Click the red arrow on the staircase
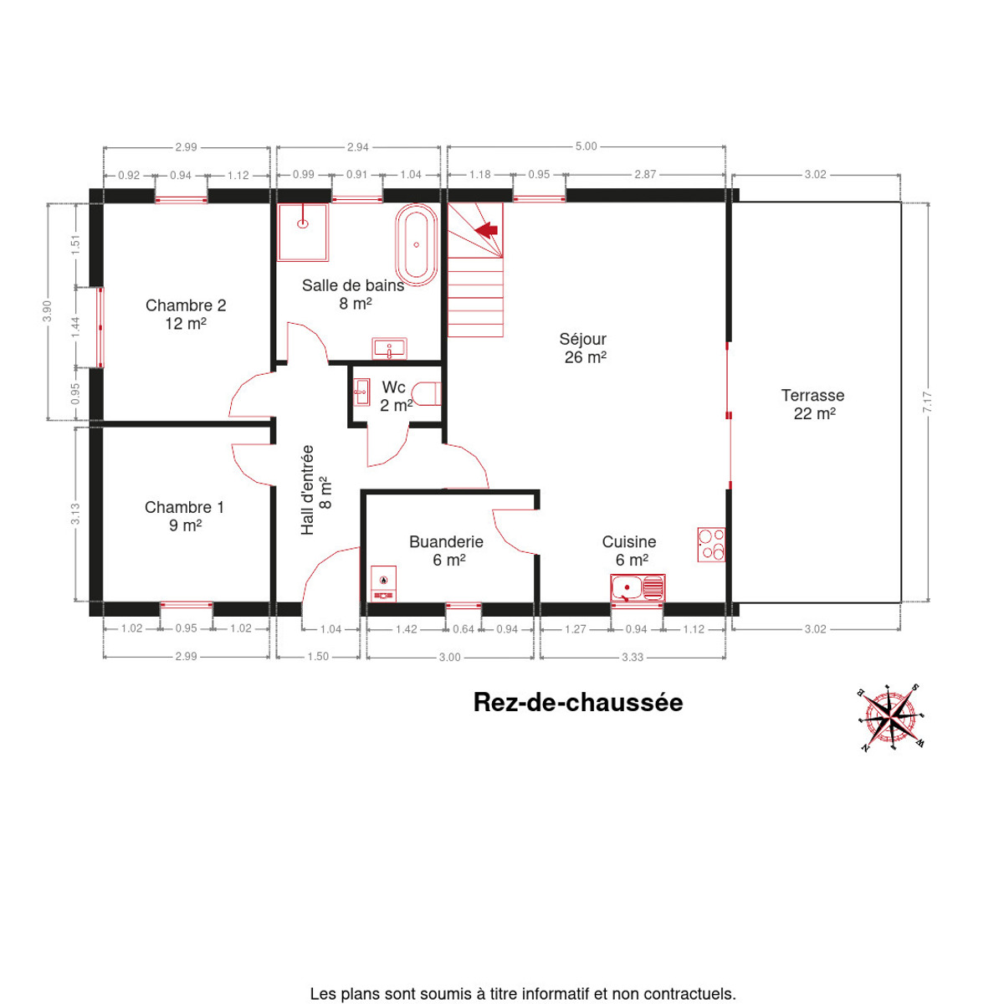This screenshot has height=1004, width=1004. pyautogui.click(x=486, y=230)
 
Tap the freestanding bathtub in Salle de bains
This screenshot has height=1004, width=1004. pyautogui.click(x=417, y=245)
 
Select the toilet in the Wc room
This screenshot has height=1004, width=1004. pyautogui.click(x=426, y=394)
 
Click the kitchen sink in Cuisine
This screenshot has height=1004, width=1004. pyautogui.click(x=638, y=588)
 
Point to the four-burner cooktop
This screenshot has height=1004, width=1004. pyautogui.click(x=711, y=545)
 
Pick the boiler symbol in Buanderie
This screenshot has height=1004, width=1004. pyautogui.click(x=383, y=584)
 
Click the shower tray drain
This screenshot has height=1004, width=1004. pyautogui.click(x=303, y=224)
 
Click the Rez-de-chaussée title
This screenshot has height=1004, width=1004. pyautogui.click(x=578, y=702)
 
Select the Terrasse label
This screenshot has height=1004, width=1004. pyautogui.click(x=812, y=404)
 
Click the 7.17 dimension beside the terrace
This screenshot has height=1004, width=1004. pyautogui.click(x=927, y=402)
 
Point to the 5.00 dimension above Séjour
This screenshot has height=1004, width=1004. pyautogui.click(x=587, y=146)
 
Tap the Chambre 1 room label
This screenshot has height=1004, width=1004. pyautogui.click(x=184, y=516)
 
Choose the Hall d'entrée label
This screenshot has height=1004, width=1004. pyautogui.click(x=315, y=489)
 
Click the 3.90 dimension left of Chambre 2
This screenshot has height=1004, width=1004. pyautogui.click(x=47, y=311)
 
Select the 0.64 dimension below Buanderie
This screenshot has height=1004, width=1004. pyautogui.click(x=464, y=629)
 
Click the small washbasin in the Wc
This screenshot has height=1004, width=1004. pyautogui.click(x=361, y=392)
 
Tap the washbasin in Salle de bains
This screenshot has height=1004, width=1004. pyautogui.click(x=389, y=348)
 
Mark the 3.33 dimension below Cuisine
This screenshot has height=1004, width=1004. pyautogui.click(x=633, y=658)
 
